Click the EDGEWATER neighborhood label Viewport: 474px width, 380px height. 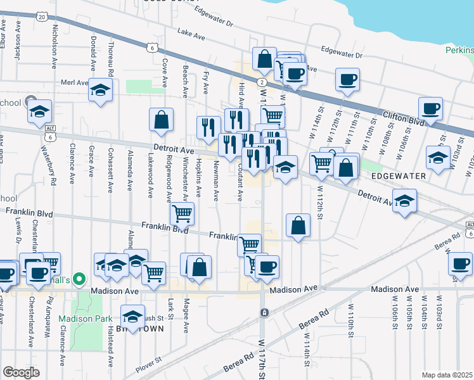click(x=395, y=175)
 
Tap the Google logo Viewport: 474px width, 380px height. click(x=21, y=372)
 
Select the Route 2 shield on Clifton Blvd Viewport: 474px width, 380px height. click(x=261, y=82)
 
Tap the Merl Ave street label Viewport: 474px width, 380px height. click(x=74, y=82)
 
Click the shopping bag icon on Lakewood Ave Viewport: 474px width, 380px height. click(x=162, y=118)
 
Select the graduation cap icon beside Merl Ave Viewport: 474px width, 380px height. click(x=100, y=91)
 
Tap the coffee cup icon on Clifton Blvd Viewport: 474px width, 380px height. click(x=431, y=108)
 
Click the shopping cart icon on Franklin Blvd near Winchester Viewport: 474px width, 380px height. click(x=183, y=214)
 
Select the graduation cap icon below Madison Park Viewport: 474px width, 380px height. click(x=132, y=317)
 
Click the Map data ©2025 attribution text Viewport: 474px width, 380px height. click(x=447, y=374)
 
